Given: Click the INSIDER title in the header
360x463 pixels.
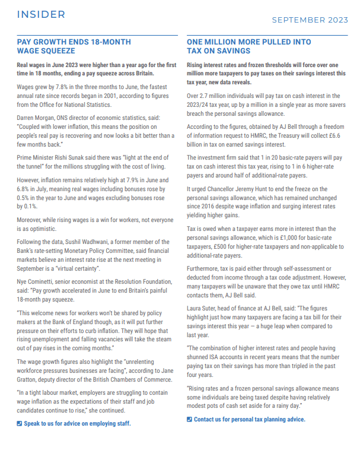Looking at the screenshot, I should click(x=41, y=14).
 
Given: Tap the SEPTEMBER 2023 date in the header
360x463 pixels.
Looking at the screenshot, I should click(x=310, y=20).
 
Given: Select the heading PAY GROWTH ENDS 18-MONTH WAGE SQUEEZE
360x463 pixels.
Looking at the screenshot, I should click(x=74, y=46).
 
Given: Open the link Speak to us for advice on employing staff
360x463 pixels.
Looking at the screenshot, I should click(x=77, y=423).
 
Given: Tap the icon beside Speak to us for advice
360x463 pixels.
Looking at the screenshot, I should click(x=20, y=423).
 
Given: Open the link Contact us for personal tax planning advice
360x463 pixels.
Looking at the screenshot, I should click(x=249, y=419).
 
